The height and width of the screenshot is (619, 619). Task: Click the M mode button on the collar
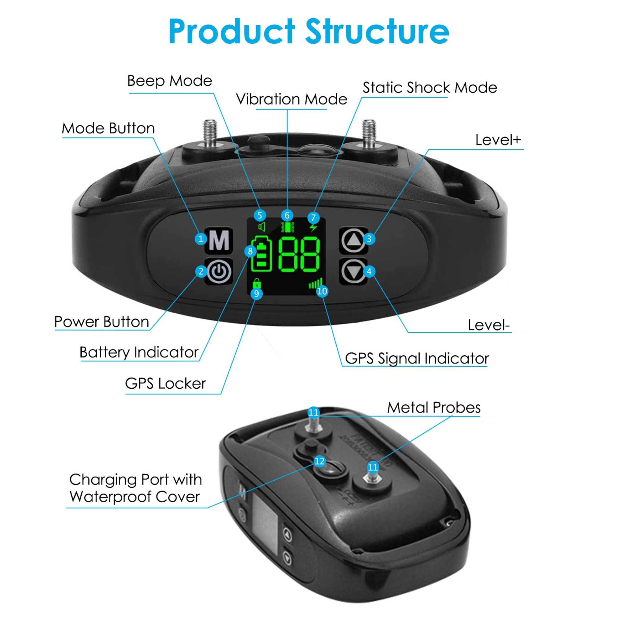click(219, 240)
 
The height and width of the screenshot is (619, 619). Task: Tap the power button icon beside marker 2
click(219, 271)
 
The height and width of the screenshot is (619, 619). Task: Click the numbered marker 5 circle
click(260, 215)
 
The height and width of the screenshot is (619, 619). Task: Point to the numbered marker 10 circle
click(322, 291)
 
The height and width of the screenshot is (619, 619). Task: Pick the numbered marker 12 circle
click(319, 461)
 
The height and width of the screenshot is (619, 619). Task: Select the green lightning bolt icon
click(313, 227)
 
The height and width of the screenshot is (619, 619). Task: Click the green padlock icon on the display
click(257, 283)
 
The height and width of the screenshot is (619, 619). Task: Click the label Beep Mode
click(170, 81)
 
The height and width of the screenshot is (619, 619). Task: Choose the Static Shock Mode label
click(430, 88)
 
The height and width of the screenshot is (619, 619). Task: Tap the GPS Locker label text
click(165, 383)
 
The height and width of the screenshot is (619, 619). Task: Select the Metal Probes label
click(434, 408)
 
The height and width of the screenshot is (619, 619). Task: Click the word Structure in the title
click(377, 31)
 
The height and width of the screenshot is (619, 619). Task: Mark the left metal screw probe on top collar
click(210, 133)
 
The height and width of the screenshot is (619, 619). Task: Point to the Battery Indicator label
click(139, 352)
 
